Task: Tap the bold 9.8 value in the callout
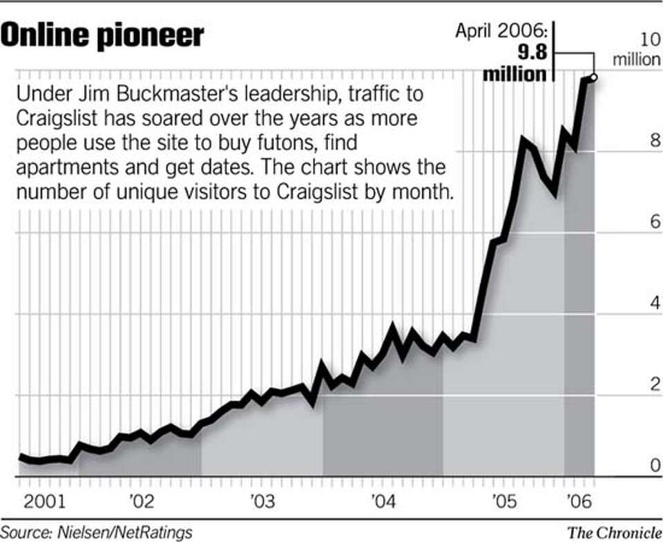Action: click(x=529, y=53)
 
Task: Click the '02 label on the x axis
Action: click(x=141, y=499)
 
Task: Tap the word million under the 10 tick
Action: click(x=637, y=59)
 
